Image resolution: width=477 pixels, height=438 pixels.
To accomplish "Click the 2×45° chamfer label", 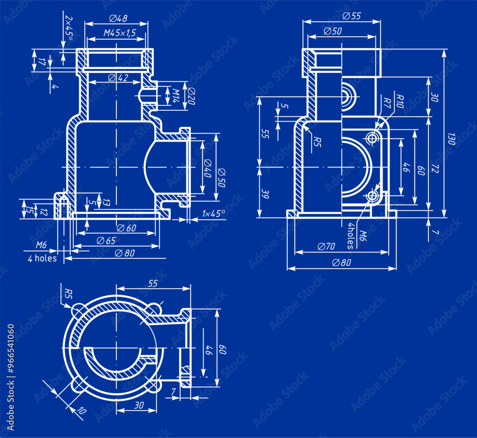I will [68, 28].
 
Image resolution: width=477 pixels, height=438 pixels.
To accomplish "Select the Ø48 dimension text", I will [118, 19].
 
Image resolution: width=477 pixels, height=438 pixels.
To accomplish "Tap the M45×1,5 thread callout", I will [120, 33].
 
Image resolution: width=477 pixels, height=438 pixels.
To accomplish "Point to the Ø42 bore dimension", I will [118, 78].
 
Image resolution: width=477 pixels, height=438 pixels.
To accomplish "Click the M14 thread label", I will [175, 95].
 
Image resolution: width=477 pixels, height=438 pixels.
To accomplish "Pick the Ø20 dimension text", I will [191, 97].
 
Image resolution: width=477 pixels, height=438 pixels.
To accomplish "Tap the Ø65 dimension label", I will [106, 241].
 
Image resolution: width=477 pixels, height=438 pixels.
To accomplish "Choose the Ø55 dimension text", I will [352, 16].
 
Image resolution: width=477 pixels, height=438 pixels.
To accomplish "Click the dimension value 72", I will [435, 168].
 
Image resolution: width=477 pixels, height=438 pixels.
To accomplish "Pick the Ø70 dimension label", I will [326, 246].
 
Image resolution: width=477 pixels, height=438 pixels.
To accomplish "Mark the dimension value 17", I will [41, 61].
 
